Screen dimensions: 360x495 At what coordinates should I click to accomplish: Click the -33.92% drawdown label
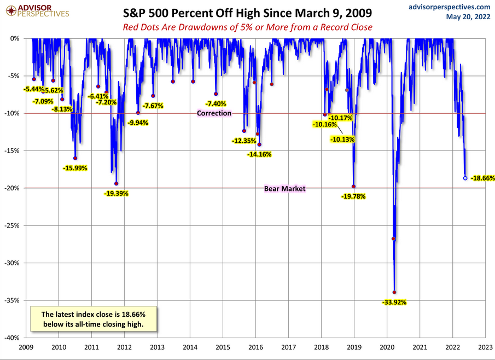pos(394,302)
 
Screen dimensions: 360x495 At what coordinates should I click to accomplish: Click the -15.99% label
pos(75,168)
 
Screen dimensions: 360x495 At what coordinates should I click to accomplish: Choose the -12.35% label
pos(244,141)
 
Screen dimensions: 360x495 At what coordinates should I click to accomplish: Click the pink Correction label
pos(214,113)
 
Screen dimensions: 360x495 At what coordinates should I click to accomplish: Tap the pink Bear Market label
pos(284,188)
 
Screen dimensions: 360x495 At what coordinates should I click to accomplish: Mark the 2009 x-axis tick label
pos(25,347)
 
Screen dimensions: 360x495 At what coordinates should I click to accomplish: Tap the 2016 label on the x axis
pos(255,347)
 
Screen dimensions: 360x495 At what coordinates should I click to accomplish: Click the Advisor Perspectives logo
pos(36,10)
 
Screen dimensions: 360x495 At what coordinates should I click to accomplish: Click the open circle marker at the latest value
pos(465,178)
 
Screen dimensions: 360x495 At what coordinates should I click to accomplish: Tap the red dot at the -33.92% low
pos(394,292)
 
